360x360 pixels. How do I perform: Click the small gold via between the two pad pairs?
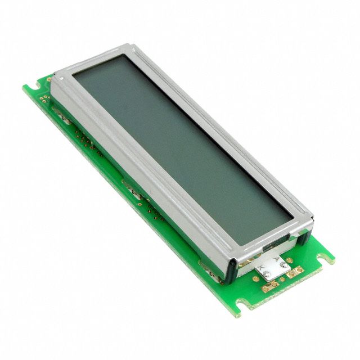pos(282,280)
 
